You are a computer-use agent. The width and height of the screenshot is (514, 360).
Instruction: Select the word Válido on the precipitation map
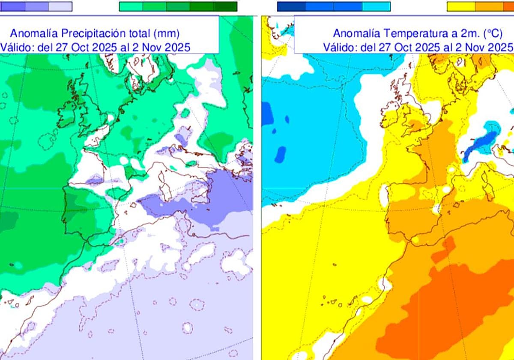pos(17,47)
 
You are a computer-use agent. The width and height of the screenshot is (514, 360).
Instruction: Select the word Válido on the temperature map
pos(340,47)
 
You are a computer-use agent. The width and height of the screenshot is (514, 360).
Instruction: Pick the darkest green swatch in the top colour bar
pos(225,6)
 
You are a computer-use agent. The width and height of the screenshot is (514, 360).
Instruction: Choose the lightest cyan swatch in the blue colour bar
pos(376,6)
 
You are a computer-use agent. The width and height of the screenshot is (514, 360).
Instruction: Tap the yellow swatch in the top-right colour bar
pos(461,6)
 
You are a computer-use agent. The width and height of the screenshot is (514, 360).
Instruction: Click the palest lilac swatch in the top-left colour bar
pos(60,6)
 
